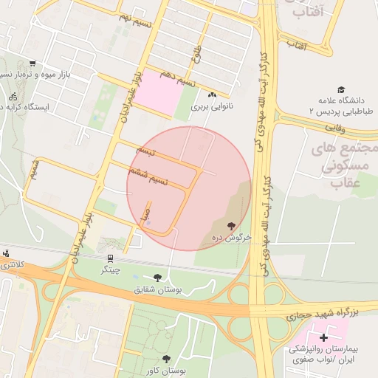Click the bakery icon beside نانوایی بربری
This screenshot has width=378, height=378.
click(x=213, y=94)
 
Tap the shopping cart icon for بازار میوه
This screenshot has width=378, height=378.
click(x=32, y=63)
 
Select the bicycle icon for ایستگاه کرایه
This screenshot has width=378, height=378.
click(x=13, y=97)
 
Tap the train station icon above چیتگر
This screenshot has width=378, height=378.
click(x=110, y=258)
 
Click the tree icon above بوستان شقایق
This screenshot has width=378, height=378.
click(x=157, y=278)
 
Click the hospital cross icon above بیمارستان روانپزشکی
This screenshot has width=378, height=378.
click(x=323, y=337)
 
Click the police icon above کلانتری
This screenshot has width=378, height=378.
click(x=7, y=253)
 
